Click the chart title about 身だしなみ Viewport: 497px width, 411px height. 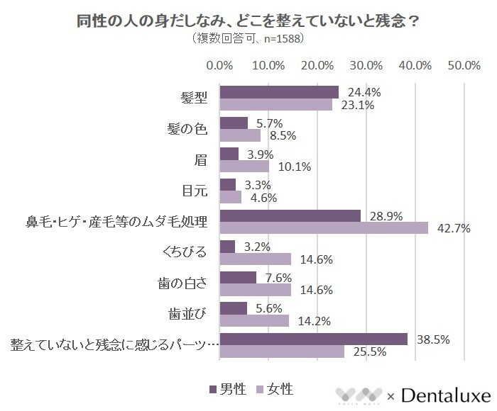(248, 21)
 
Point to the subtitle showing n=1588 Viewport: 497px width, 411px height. (248, 39)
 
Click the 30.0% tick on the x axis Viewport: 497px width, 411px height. (366, 65)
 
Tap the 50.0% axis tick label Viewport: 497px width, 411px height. (464, 65)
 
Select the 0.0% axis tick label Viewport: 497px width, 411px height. (219, 65)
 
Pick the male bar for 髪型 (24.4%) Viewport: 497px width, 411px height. (279, 92)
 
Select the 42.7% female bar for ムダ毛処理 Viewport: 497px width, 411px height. (324, 227)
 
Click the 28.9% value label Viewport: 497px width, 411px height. (381, 215)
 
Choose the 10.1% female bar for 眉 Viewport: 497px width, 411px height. (244, 166)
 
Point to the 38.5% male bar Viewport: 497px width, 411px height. (313, 339)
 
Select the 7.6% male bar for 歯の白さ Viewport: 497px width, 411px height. (238, 277)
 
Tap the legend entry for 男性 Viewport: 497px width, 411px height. (228, 389)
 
